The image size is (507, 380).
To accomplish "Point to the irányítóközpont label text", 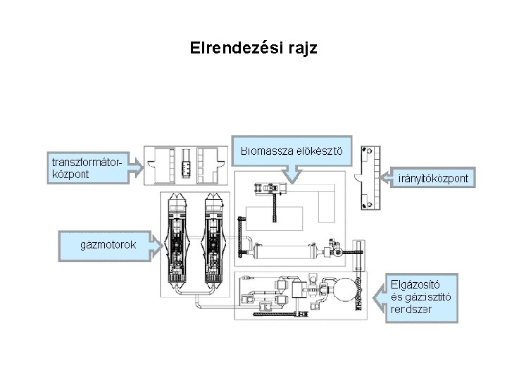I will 432,179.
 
